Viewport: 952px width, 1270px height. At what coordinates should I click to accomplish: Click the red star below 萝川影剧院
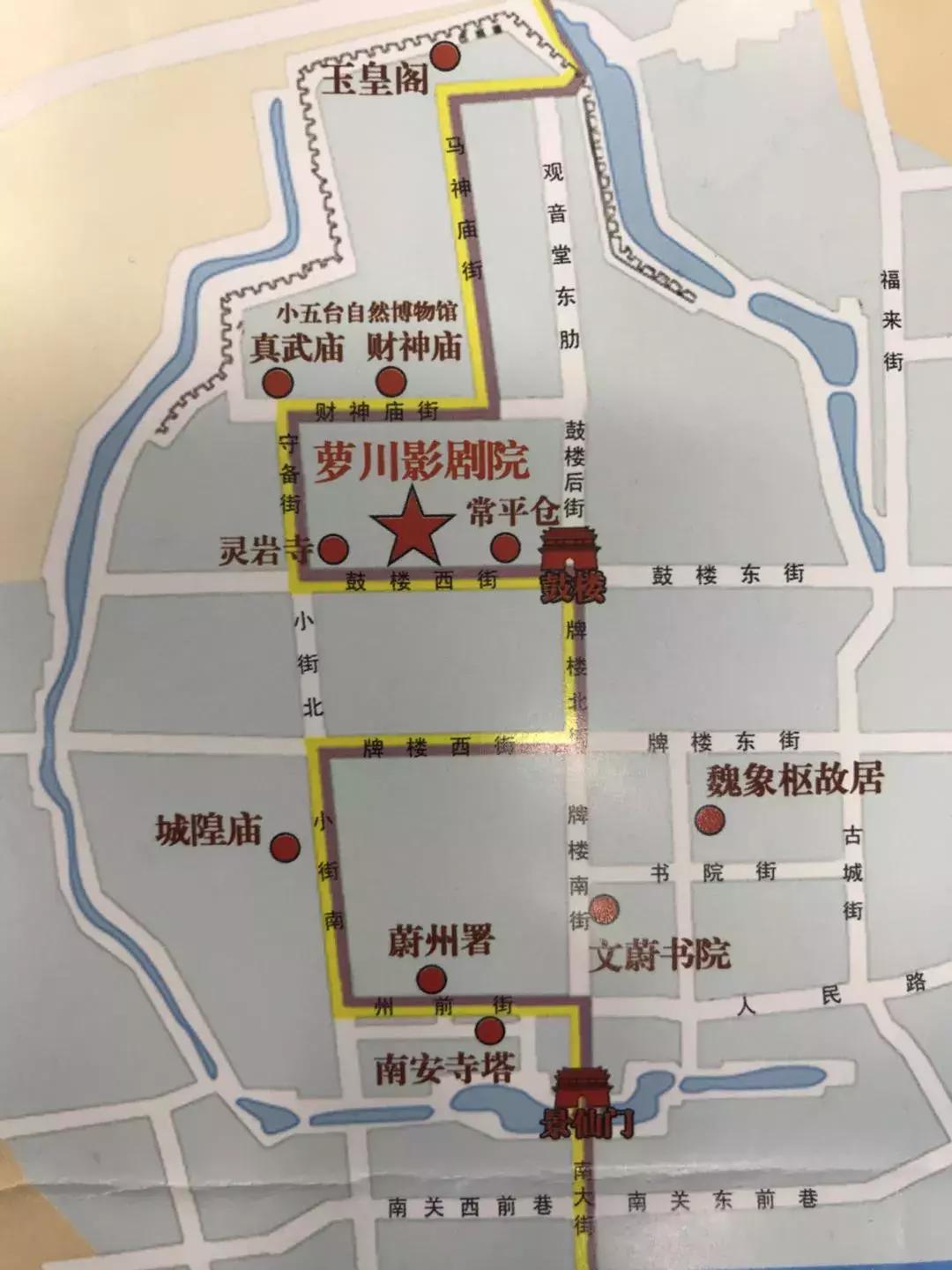411,530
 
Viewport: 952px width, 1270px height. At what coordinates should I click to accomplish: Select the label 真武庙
295,347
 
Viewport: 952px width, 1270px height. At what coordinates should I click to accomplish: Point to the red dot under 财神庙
390,382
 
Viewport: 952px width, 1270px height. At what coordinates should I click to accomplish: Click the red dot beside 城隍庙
284,848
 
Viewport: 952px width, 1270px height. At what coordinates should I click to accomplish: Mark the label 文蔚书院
660,955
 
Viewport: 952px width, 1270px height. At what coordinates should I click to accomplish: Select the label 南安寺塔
444,1069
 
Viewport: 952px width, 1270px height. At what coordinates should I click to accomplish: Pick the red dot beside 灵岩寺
332,549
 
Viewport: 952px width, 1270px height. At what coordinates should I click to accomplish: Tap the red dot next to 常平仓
504,548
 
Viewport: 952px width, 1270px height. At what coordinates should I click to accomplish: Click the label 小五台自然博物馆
367,313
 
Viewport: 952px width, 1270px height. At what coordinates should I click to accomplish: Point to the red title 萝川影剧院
421,461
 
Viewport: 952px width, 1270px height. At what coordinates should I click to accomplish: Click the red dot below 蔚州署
431,978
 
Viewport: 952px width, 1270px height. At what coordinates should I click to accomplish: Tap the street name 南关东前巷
722,1199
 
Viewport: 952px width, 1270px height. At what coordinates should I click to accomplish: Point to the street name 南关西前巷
469,1205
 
